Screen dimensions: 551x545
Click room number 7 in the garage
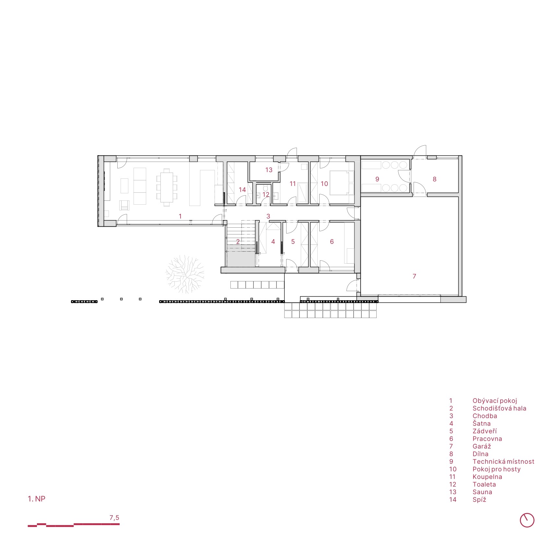(414, 276)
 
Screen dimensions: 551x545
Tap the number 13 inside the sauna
(269, 170)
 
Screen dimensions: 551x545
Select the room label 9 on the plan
(377, 179)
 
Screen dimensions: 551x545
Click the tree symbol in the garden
(185, 274)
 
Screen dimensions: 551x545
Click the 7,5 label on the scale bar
(114, 518)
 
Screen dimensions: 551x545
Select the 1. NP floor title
(37, 499)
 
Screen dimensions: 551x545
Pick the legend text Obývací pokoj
(495, 401)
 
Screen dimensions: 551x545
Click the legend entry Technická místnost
(503, 461)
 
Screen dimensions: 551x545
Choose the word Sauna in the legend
(482, 492)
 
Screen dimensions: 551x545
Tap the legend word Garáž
(482, 446)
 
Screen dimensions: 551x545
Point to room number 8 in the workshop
(435, 179)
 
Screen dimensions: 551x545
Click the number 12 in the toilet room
(266, 195)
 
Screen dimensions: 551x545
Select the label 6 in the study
(332, 242)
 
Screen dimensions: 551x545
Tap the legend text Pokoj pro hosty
(497, 469)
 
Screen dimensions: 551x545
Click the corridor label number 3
(268, 216)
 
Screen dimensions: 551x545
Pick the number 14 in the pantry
(242, 190)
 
